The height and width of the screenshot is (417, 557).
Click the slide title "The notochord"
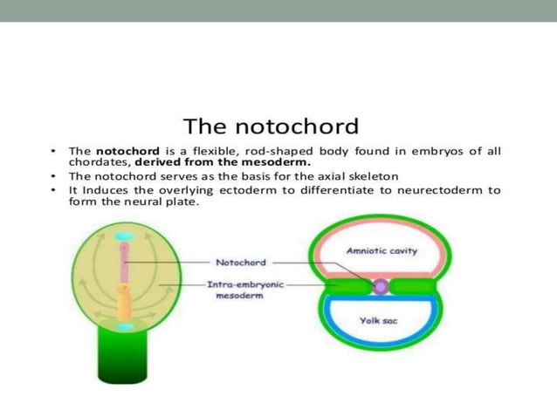(x=270, y=125)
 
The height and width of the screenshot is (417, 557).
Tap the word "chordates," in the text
(x=100, y=161)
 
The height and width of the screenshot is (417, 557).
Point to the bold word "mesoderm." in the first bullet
(x=281, y=161)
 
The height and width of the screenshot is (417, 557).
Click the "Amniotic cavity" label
(x=382, y=251)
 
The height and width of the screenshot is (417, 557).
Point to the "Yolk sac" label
(x=379, y=320)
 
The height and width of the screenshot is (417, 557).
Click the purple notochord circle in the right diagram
(x=380, y=285)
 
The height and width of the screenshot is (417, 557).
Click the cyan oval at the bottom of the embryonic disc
(x=125, y=325)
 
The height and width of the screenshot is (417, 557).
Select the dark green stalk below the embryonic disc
(x=124, y=358)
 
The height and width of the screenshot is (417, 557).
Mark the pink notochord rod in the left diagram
(x=125, y=266)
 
